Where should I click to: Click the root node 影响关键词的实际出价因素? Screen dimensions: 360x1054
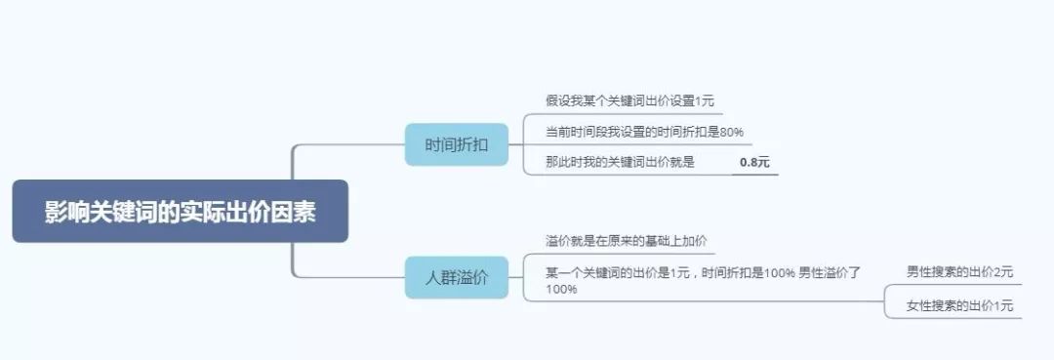(180, 212)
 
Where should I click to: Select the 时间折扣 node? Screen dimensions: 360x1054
(456, 145)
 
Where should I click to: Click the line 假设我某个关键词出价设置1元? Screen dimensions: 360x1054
(630, 100)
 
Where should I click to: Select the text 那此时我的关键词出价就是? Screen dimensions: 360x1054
(621, 162)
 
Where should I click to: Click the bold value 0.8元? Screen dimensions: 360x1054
(754, 162)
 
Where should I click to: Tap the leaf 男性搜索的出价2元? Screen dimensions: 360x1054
(959, 271)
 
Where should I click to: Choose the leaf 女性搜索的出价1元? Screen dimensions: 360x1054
(959, 305)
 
